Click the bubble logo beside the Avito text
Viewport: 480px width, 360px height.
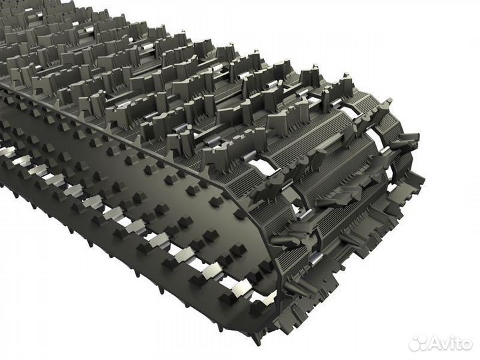pyautogui.click(x=418, y=342)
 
